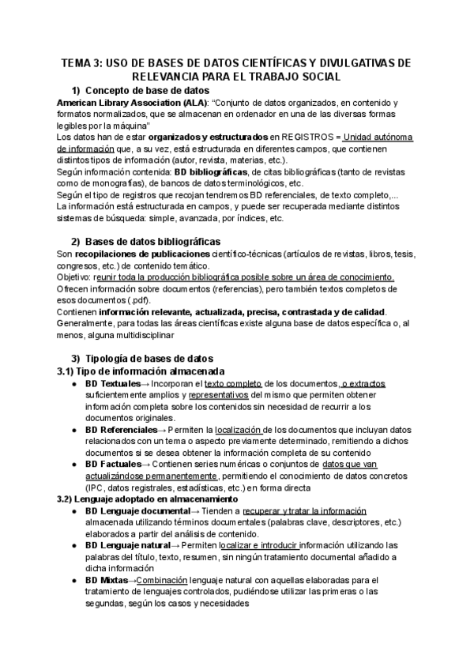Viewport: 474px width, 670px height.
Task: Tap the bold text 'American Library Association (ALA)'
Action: point(132,103)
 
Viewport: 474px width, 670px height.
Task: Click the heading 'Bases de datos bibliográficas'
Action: point(152,241)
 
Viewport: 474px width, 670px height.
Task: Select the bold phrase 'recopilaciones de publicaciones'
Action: point(142,254)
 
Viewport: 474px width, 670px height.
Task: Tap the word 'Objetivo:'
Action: point(75,277)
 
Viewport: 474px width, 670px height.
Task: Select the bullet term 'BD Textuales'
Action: point(113,383)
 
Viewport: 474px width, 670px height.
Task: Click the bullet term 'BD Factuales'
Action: point(113,465)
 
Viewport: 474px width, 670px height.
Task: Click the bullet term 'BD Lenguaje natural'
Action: point(127,545)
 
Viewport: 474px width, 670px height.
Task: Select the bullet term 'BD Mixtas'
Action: point(105,580)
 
